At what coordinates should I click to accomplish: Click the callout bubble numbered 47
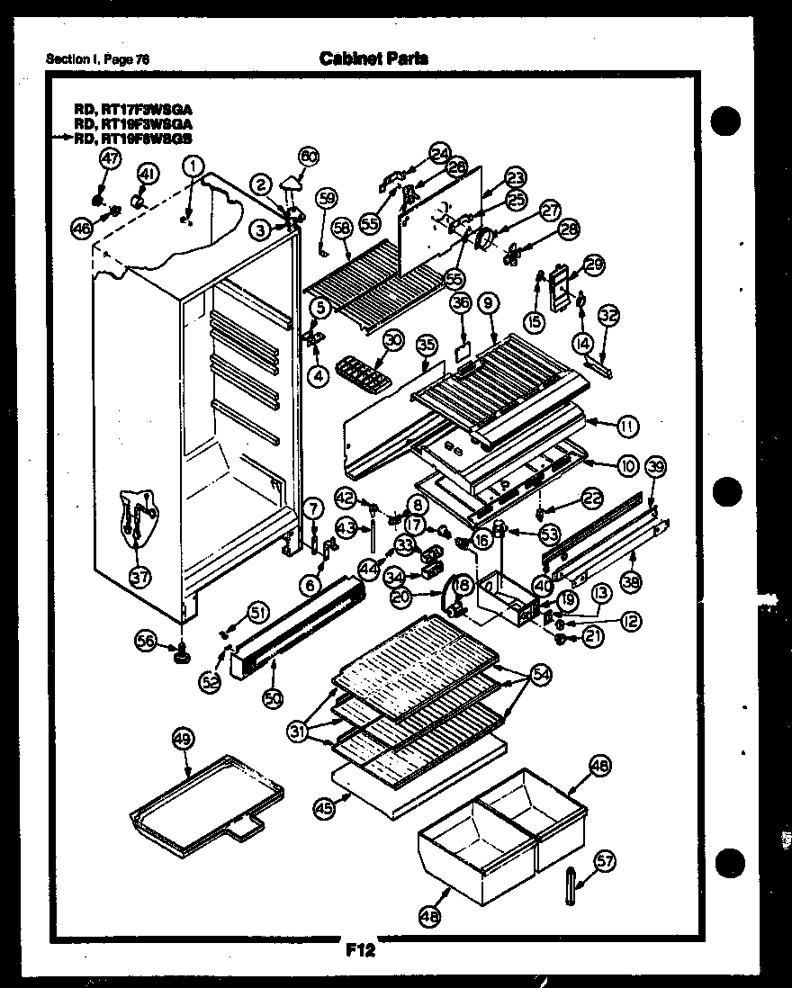(109, 158)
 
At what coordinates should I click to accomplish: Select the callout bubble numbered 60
(308, 157)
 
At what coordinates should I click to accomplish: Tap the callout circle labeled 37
(140, 576)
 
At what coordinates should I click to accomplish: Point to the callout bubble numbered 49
(183, 740)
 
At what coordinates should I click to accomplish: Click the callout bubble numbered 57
(606, 861)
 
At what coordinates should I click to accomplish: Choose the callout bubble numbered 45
(322, 808)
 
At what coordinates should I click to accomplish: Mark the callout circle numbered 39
(656, 466)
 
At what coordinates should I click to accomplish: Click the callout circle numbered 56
(146, 640)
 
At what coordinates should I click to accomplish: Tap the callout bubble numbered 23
(515, 177)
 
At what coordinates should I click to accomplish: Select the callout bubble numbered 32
(609, 315)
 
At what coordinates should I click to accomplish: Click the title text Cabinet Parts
(373, 58)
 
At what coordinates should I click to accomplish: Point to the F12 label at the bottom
(359, 948)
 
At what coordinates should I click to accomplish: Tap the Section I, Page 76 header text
(97, 59)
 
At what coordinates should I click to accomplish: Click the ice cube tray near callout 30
(358, 370)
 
